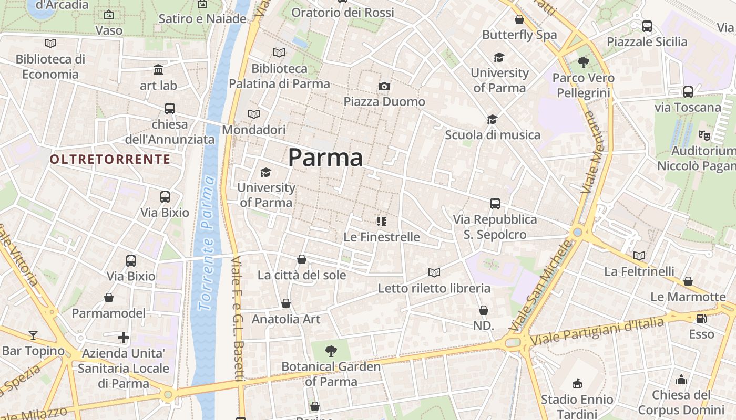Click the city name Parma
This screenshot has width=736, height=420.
coord(325,157)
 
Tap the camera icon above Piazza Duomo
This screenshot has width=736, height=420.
coord(384,86)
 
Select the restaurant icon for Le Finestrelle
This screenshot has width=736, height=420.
coord(382,222)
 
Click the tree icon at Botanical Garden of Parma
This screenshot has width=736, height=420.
coord(331,351)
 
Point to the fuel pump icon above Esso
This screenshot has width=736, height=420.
coord(701,319)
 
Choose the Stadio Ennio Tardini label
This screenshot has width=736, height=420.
coord(577,407)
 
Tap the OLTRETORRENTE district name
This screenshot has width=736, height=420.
coord(110,159)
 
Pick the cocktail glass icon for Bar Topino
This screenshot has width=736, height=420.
coord(33,335)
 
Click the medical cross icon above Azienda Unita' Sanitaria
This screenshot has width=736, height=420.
coord(124,337)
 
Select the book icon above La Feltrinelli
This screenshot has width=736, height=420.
coord(639,256)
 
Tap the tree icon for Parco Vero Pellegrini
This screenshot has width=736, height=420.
coord(583,62)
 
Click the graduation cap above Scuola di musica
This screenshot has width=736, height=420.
coord(492,120)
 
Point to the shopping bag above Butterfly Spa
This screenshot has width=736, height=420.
coord(519,20)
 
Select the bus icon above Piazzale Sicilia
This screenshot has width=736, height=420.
coord(647,26)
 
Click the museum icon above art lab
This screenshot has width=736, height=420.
coord(158,69)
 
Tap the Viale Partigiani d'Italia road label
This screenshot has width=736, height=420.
coord(597,332)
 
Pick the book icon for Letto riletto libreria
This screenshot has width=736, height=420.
coord(434,272)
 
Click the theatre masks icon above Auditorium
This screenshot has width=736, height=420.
coord(704,135)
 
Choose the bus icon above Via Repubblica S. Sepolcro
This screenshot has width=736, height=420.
coord(495,204)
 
